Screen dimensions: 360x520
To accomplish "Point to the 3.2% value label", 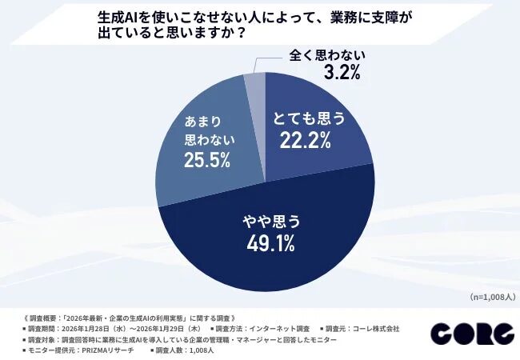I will tap(338, 73).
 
